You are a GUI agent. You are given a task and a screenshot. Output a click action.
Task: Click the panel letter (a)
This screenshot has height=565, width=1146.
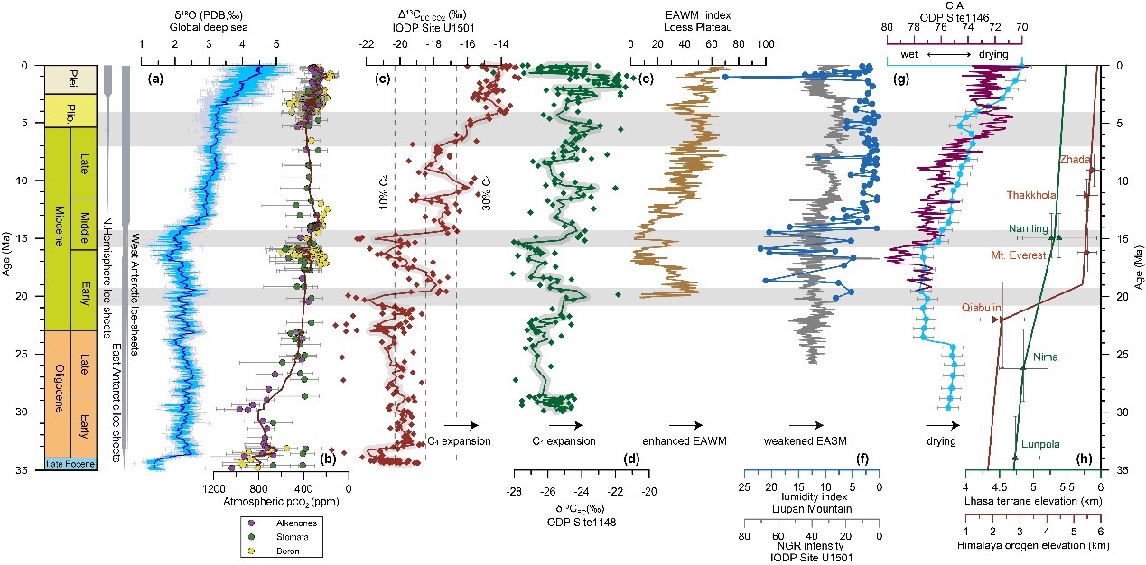click(154, 79)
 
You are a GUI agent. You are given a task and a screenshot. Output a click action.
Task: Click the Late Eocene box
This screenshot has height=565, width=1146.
click(61, 464)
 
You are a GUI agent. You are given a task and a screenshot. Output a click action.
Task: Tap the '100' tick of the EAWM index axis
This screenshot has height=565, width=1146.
click(765, 42)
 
